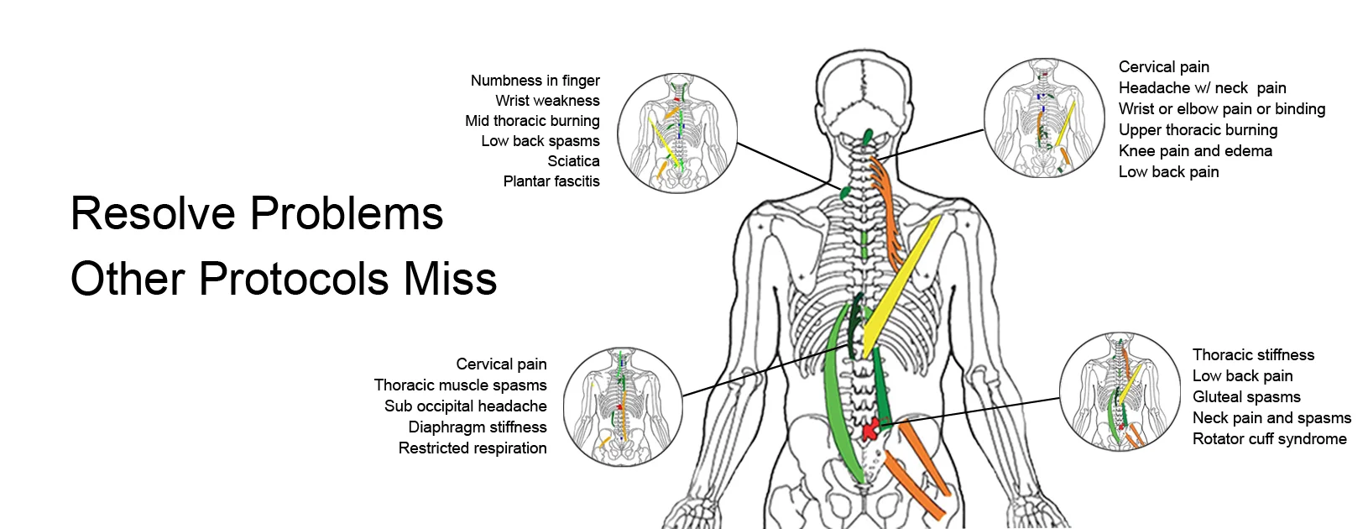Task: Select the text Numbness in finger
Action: click(535, 81)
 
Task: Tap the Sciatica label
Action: click(573, 161)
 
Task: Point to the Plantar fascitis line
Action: click(551, 181)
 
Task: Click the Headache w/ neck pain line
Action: click(1202, 88)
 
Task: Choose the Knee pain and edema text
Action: click(1195, 151)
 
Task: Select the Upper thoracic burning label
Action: click(1198, 130)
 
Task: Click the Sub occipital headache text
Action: click(465, 406)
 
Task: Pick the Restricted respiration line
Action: click(473, 448)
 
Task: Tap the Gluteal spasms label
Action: click(1246, 397)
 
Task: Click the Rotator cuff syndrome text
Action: click(1269, 439)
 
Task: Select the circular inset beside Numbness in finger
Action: click(677, 133)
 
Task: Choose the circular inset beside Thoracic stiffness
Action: click(1120, 392)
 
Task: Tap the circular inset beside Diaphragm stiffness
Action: click(622, 406)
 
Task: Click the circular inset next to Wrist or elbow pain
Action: click(1043, 118)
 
